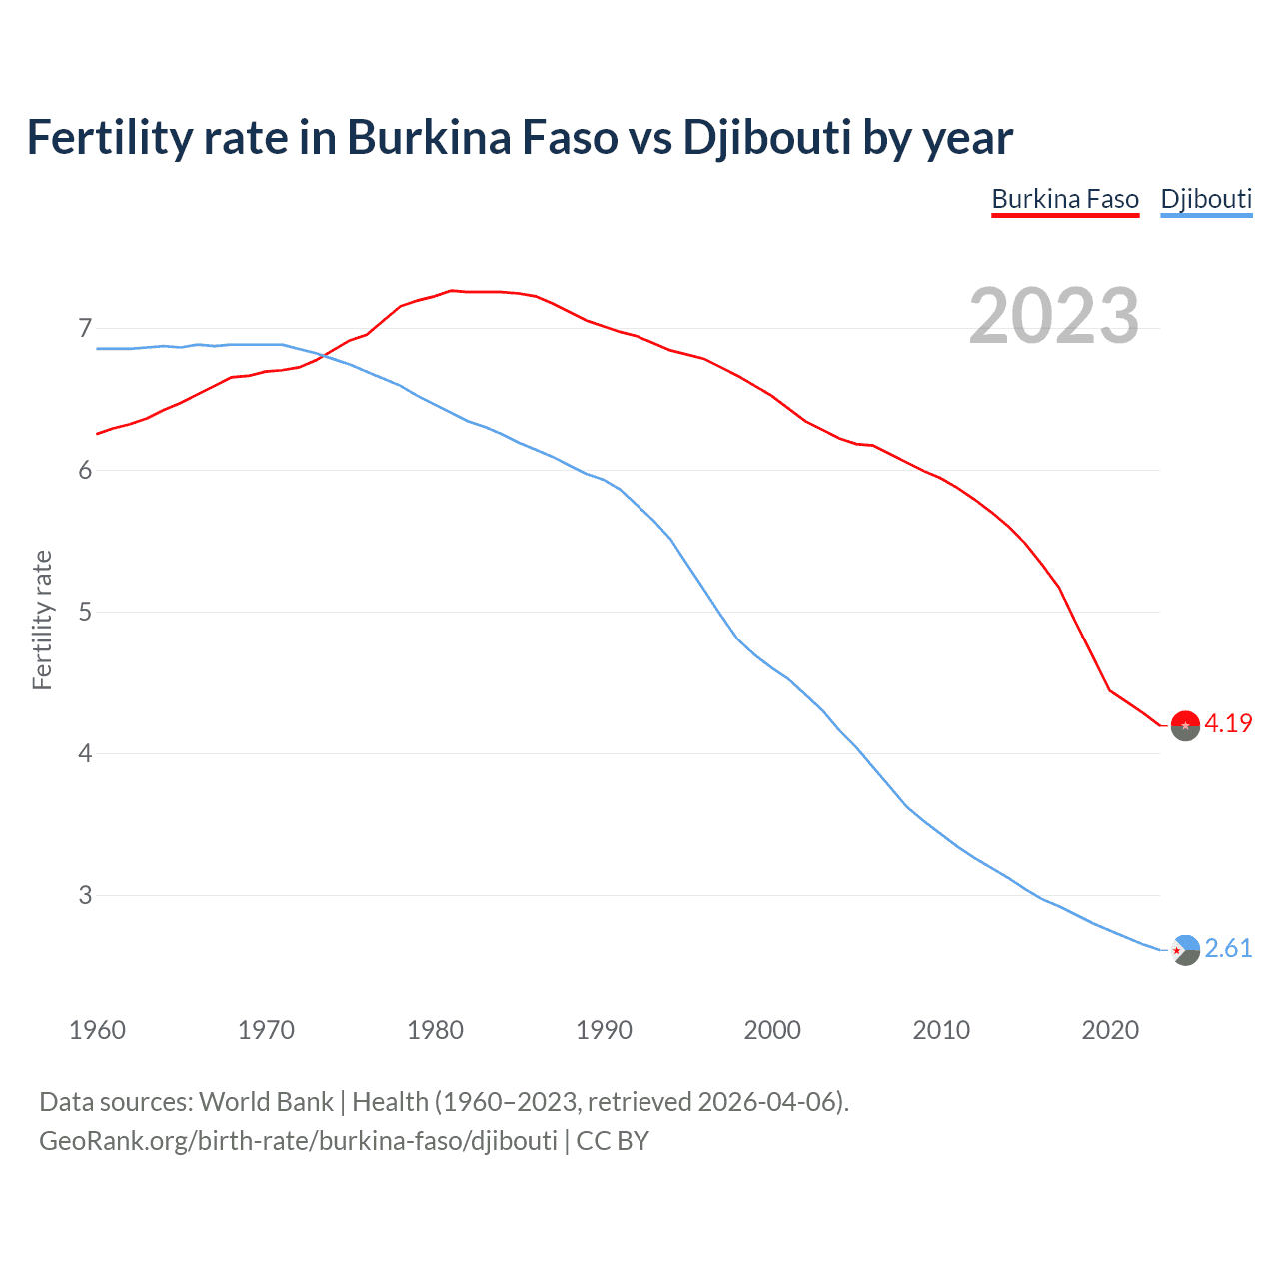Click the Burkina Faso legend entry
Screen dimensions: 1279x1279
pos(1065,199)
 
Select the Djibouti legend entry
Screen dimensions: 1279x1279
pos(1206,199)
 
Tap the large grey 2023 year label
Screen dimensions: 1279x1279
pos(1054,316)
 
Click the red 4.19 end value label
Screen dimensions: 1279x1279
pos(1228,724)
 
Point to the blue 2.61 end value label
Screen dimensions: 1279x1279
pos(1228,949)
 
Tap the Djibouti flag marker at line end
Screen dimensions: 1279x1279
pos(1185,950)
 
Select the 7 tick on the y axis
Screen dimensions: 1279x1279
pos(85,329)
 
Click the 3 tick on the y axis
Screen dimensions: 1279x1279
pos(85,896)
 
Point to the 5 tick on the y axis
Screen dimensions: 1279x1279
pos(85,613)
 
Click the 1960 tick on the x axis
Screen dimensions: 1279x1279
pos(97,1030)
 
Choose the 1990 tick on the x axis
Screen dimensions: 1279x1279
pos(604,1030)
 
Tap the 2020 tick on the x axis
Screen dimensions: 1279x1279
pos(1110,1030)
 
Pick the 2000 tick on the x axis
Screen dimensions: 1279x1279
pos(772,1030)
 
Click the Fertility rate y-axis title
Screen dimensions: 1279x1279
pos(42,620)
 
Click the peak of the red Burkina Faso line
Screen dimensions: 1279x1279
pos(451,291)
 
